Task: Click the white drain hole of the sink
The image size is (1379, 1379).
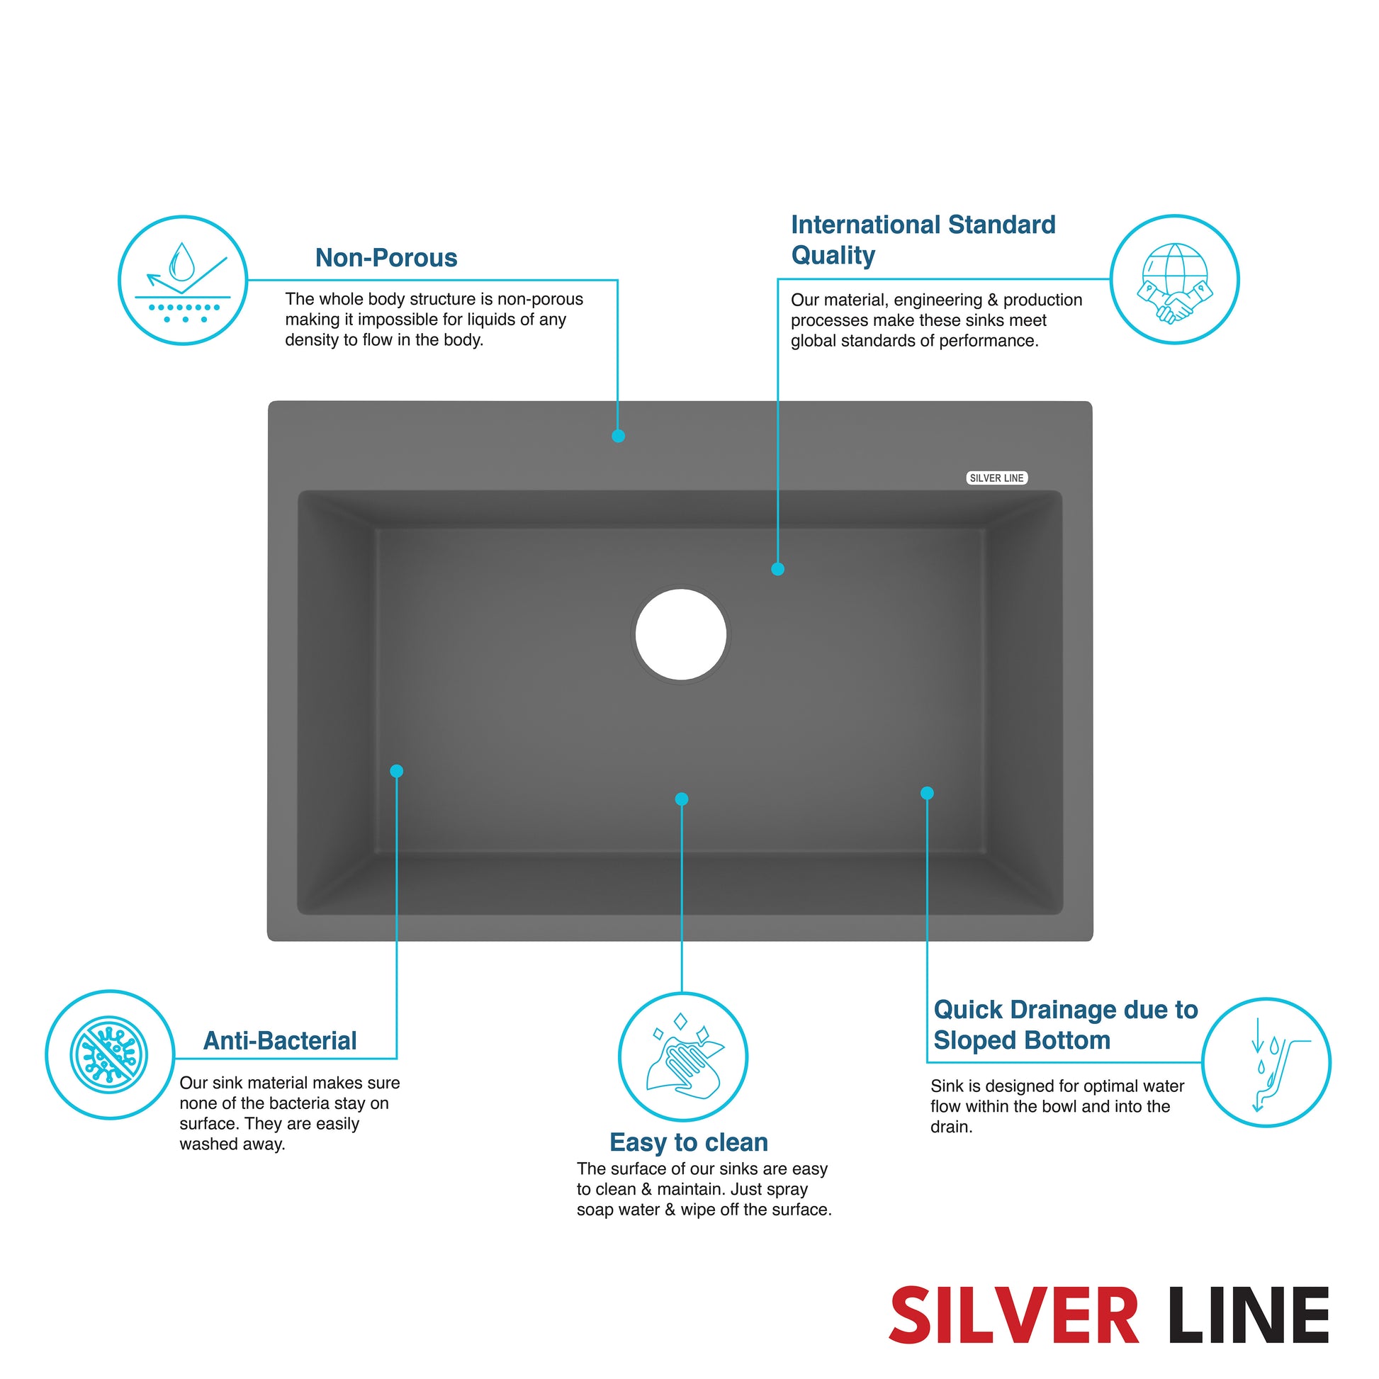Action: point(681,634)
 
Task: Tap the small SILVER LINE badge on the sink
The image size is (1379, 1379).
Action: point(996,478)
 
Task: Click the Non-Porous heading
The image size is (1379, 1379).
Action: point(386,258)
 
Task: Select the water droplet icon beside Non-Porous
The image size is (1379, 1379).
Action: point(183,280)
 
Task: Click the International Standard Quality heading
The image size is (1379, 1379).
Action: point(923,240)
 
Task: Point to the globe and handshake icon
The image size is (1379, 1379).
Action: point(1174,279)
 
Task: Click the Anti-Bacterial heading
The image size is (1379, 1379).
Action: point(280,1041)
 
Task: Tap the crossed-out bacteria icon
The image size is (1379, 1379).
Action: point(110,1054)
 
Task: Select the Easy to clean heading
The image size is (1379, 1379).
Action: point(689,1143)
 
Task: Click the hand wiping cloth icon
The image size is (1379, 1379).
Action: point(683,1057)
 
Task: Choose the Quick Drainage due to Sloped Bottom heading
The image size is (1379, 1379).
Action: point(1066,1024)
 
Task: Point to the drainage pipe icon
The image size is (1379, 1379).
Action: point(1266,1062)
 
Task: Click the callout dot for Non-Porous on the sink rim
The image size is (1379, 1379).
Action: point(618,436)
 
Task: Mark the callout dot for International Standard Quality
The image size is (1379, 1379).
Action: point(778,569)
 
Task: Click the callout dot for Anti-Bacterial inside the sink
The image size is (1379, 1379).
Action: point(397,771)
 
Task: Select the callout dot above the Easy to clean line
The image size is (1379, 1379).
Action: point(682,799)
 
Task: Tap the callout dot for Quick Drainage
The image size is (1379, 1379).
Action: point(927,793)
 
